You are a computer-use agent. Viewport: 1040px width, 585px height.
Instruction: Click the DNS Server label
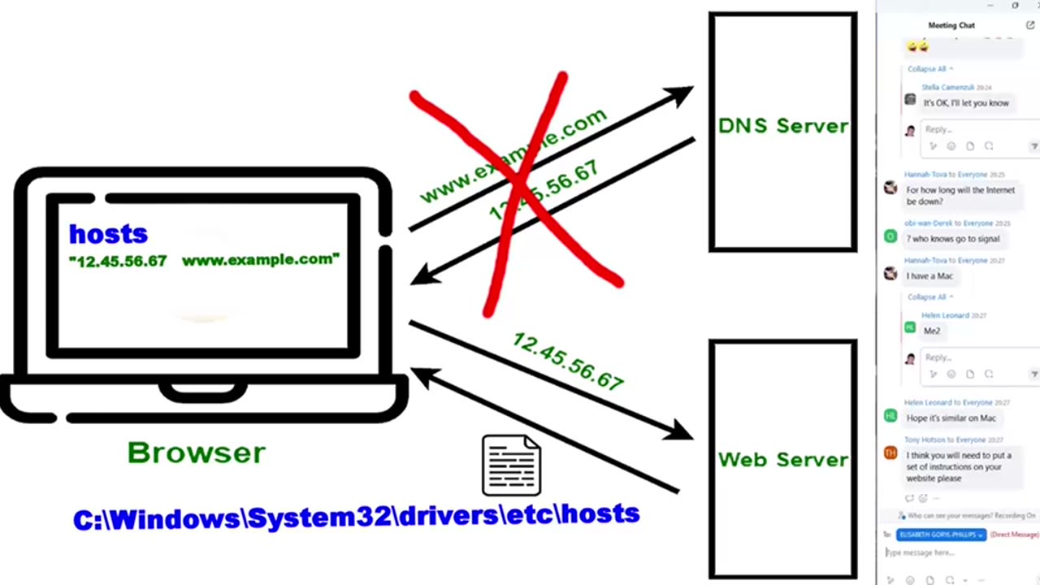pos(782,126)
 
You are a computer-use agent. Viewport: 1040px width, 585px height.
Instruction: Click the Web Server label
pos(782,459)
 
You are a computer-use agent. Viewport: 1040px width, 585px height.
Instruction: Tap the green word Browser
pos(197,453)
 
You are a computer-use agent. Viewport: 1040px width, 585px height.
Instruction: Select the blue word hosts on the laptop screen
pos(108,234)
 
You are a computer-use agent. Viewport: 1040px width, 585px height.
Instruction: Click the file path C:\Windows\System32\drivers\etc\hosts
pos(356,516)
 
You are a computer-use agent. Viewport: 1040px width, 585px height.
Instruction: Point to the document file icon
pos(511,465)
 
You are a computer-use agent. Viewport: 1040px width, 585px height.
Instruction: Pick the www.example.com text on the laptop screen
pos(260,260)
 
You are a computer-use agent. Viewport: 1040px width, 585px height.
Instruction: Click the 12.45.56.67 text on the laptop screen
pos(119,261)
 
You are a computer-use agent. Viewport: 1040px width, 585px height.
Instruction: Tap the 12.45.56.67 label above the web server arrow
pos(568,362)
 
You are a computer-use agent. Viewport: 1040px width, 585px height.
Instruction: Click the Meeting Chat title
pos(951,25)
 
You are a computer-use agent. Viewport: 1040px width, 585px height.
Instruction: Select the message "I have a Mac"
pos(929,276)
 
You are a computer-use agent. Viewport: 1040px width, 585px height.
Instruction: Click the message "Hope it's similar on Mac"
pos(951,418)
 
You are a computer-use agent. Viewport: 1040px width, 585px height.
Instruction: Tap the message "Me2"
pos(931,331)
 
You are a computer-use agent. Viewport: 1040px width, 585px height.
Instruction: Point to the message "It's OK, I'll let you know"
pos(965,103)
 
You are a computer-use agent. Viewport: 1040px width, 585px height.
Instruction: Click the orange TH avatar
pos(890,453)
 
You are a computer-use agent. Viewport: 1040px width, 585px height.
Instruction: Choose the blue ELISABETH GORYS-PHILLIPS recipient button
pos(941,535)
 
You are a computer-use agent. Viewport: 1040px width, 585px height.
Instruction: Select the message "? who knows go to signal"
pos(953,239)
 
